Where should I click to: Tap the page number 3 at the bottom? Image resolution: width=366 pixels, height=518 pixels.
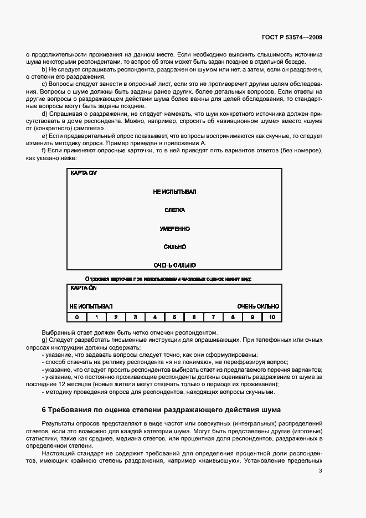(320, 471)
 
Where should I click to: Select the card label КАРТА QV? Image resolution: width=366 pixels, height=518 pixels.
(83, 173)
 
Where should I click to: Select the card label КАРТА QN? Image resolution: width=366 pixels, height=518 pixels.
(83, 288)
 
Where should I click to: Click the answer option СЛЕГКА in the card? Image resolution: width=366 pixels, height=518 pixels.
(174, 210)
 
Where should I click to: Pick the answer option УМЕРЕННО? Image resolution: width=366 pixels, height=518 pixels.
(174, 228)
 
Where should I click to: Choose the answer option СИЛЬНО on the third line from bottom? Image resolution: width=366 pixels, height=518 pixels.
(174, 247)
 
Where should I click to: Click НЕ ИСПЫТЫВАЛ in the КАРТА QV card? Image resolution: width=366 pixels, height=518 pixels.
(174, 192)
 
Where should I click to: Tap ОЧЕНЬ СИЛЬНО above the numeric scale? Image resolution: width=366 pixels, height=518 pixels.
(258, 306)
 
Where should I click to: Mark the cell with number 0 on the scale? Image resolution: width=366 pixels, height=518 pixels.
(77, 317)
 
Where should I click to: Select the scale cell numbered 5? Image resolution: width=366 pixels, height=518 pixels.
(174, 317)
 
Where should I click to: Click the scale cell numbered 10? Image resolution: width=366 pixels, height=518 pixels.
(272, 317)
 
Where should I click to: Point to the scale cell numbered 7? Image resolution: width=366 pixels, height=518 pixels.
(213, 317)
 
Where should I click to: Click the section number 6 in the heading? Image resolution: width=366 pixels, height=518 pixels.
(44, 409)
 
